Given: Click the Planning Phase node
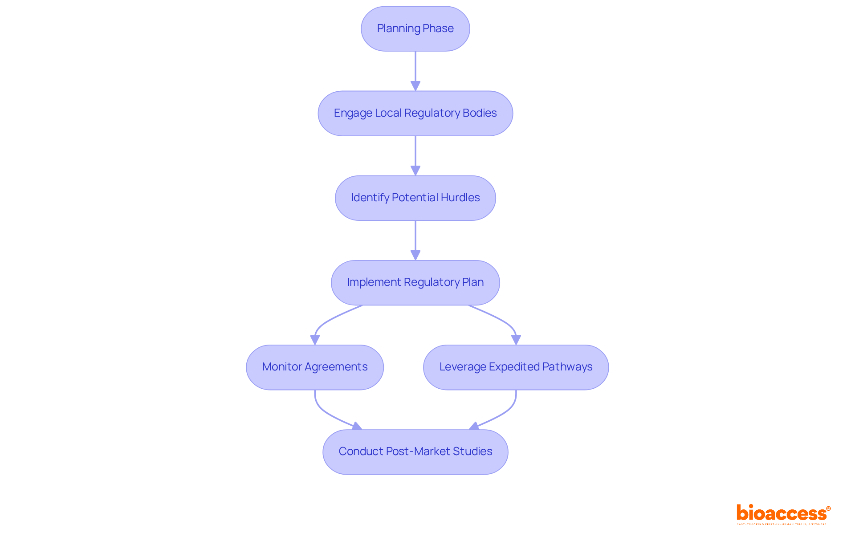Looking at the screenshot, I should (x=415, y=28).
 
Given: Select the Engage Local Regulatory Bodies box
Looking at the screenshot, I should (x=415, y=113).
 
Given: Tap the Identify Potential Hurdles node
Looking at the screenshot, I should (x=415, y=198).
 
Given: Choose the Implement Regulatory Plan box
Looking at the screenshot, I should (x=415, y=282).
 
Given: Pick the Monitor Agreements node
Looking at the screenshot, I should (x=314, y=367).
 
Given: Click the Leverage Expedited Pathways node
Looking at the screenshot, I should (x=516, y=367).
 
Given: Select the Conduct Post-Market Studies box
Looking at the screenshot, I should (x=415, y=452).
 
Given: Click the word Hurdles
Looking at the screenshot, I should (x=460, y=198).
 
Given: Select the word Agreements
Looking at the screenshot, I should (x=342, y=367).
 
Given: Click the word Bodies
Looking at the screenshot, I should (x=480, y=113).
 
